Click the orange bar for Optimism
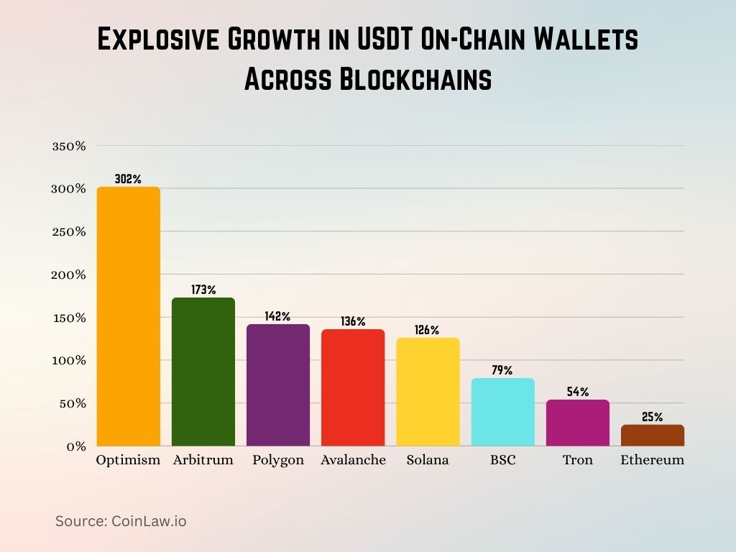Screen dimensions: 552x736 (x=128, y=316)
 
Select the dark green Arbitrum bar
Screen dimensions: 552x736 (x=203, y=372)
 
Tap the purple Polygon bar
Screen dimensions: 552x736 (x=277, y=385)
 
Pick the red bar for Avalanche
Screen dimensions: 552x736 (x=353, y=387)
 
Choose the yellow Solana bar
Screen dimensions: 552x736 (x=428, y=392)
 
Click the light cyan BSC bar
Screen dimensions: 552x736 (x=502, y=412)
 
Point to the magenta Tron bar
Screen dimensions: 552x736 (x=577, y=423)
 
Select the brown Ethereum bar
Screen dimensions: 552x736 (x=653, y=435)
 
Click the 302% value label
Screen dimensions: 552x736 (x=128, y=179)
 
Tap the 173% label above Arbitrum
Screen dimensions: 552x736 (x=203, y=290)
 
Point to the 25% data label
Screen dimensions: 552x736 (x=653, y=417)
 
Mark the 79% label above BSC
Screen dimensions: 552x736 (x=502, y=370)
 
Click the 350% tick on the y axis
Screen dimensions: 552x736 (x=69, y=146)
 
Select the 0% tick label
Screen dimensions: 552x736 (x=76, y=446)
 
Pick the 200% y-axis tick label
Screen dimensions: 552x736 (x=69, y=275)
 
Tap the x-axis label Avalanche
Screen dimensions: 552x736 (x=353, y=460)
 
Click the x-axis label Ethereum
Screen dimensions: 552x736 (x=653, y=460)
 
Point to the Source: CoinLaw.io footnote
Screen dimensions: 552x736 (x=121, y=521)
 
